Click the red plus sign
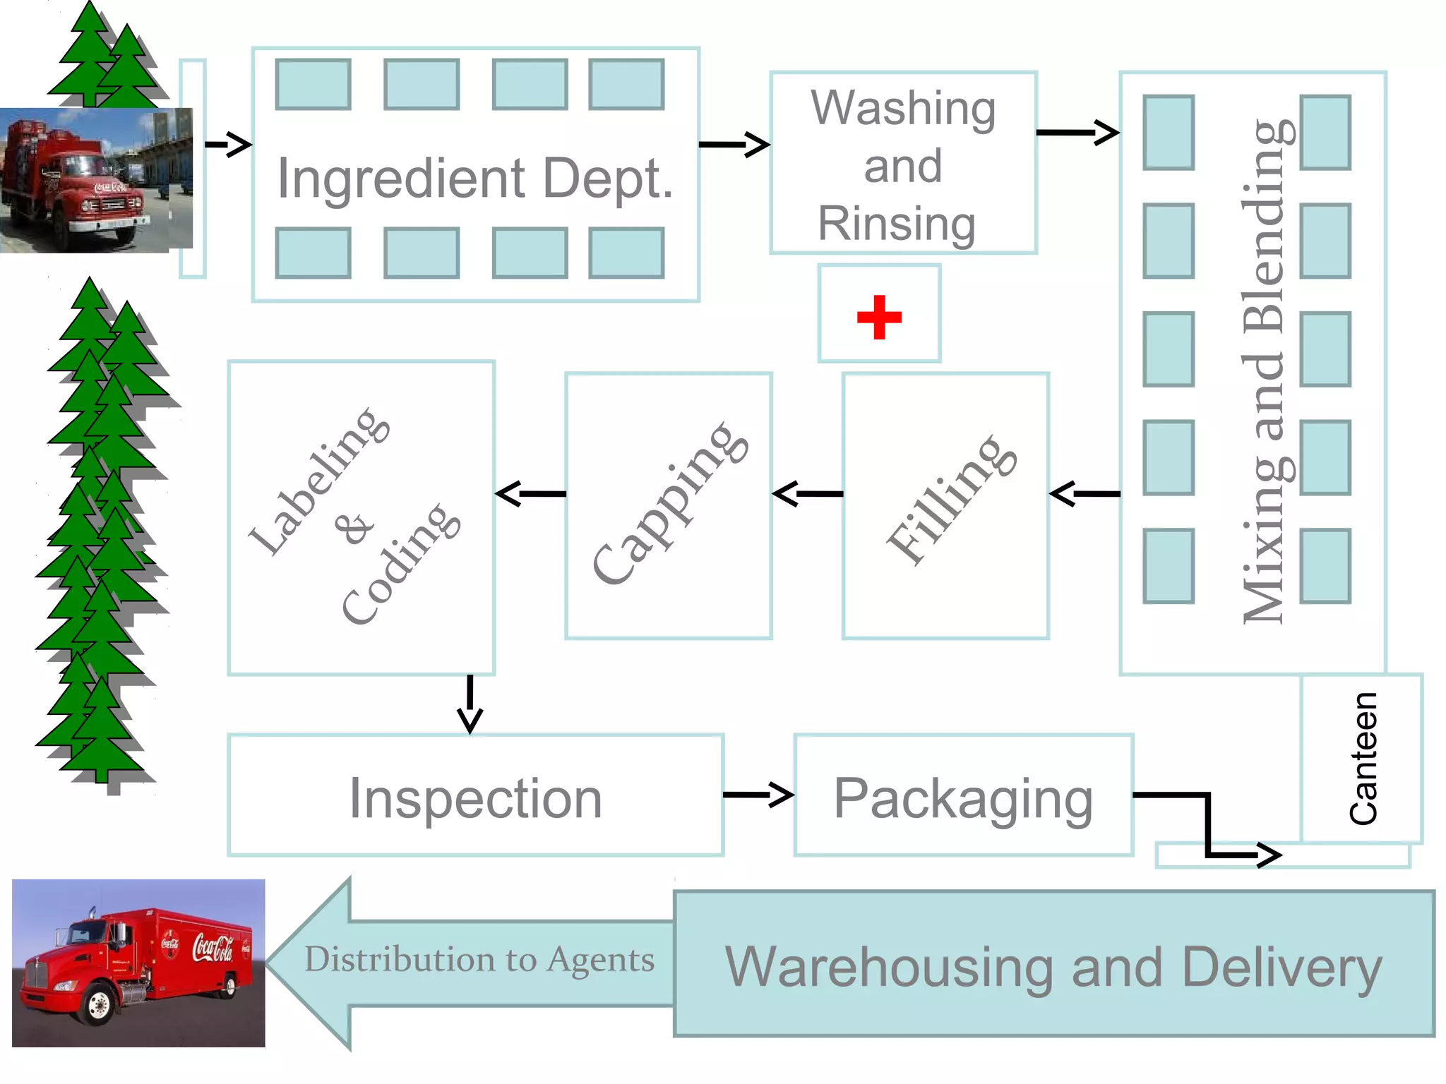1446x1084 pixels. [x=879, y=317]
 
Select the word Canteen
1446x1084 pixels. [x=1363, y=759]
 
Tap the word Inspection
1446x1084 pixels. [x=475, y=798]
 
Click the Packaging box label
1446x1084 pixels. [x=963, y=798]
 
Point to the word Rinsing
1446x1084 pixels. [x=897, y=224]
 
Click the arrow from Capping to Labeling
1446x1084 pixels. [x=530, y=493]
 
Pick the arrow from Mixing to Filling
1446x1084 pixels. [x=1084, y=493]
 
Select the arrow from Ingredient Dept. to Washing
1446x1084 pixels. [x=734, y=145]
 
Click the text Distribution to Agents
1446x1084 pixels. [x=479, y=960]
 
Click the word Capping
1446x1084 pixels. [x=669, y=502]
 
